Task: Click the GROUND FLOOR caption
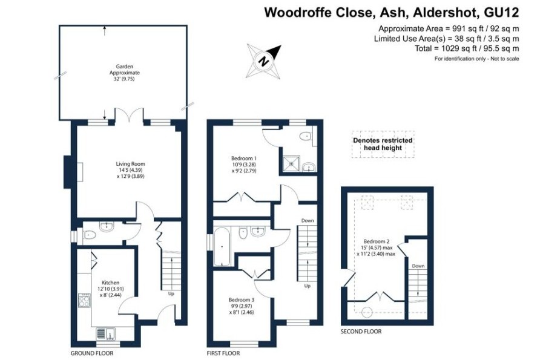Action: (x=92, y=353)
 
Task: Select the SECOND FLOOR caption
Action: (x=361, y=332)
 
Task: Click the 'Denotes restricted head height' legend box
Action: (x=383, y=145)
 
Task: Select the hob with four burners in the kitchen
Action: (x=83, y=301)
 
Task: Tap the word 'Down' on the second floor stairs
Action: (x=418, y=266)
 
